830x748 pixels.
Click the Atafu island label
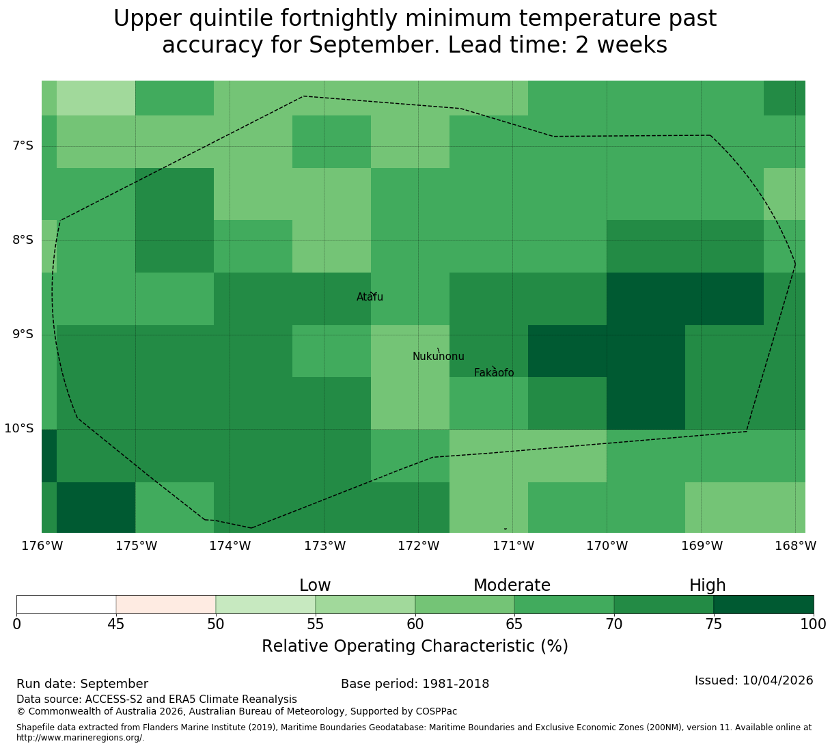click(370, 296)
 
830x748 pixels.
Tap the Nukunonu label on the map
click(438, 356)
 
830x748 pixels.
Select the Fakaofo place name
click(494, 372)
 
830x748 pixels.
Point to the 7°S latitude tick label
click(23, 146)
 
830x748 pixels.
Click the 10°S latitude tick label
click(18, 428)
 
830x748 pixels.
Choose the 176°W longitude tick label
click(42, 546)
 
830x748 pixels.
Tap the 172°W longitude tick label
click(418, 546)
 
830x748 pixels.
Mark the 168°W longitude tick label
click(795, 546)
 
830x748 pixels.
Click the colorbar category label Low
click(315, 585)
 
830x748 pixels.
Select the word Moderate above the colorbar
click(512, 585)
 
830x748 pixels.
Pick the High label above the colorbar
click(708, 585)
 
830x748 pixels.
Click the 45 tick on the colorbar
click(116, 624)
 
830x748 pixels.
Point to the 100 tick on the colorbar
click(813, 624)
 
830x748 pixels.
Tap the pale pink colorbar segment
click(166, 605)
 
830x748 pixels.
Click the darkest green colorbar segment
click(763, 605)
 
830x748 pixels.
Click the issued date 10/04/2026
click(778, 680)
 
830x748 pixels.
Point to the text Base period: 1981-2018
click(415, 684)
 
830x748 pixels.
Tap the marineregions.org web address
click(81, 738)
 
